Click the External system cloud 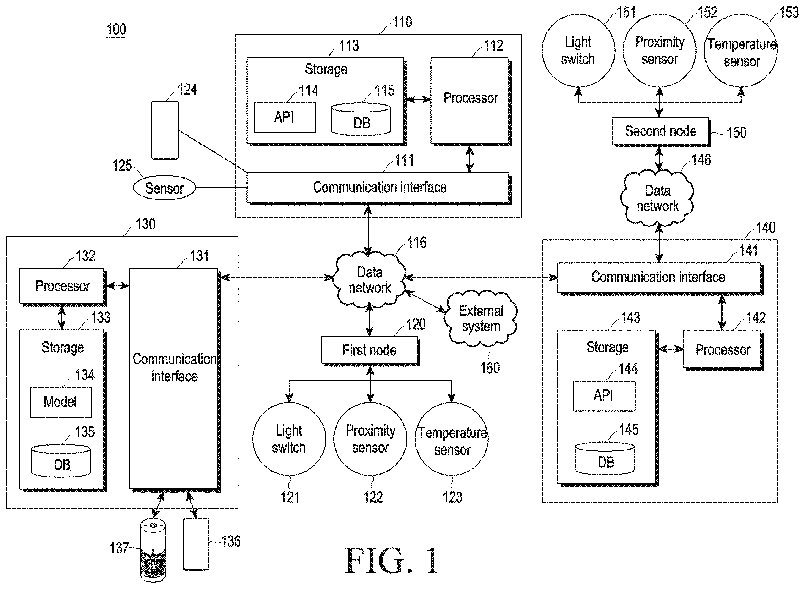point(480,319)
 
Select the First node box point(370,351)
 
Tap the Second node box point(661,132)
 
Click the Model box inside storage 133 point(61,402)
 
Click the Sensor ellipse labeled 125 point(164,188)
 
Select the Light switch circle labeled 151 point(578,50)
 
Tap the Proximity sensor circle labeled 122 point(370,439)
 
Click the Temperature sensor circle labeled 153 point(741,50)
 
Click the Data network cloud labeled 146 point(657,198)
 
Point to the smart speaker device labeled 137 point(153,550)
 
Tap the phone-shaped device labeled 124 point(165,130)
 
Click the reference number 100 point(116,29)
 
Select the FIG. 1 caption point(391,560)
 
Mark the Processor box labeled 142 point(723,350)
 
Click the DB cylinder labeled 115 point(361,119)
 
